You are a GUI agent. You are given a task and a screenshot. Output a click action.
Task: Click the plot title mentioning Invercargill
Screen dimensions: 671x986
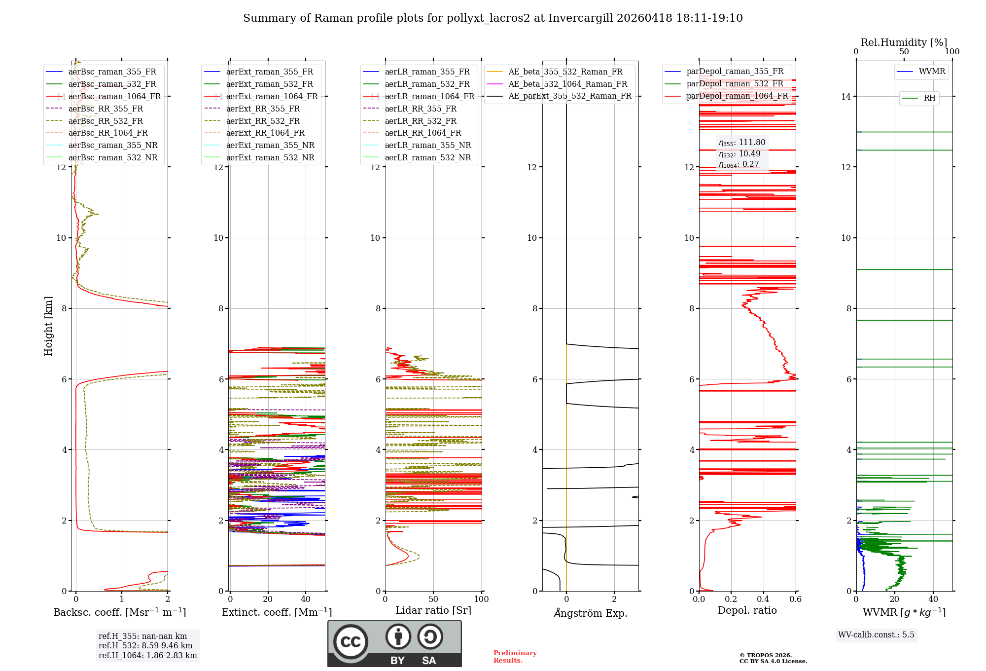493,18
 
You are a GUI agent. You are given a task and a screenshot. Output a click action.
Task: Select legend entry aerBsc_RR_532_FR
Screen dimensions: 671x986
106,121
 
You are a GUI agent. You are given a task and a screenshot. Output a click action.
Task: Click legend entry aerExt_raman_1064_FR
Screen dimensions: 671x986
272,96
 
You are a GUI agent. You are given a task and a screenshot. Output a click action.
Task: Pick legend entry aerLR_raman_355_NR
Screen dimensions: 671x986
428,145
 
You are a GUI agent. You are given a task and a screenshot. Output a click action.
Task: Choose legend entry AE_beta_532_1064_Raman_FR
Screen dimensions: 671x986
567,84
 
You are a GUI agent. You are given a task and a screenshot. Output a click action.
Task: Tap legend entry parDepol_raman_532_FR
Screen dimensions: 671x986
735,83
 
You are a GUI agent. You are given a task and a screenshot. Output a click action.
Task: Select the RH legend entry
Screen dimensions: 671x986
929,98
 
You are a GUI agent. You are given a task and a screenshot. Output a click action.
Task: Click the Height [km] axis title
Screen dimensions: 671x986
48,326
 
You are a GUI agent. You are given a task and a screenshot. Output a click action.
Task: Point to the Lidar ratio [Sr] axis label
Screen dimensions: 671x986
433,610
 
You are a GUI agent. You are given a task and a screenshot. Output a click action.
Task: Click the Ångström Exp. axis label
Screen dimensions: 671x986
590,613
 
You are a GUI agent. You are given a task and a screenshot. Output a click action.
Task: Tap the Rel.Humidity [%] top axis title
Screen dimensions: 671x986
904,42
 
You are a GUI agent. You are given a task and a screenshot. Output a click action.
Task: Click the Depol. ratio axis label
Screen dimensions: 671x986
747,610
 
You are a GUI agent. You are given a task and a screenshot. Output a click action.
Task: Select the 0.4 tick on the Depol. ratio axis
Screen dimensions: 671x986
763,599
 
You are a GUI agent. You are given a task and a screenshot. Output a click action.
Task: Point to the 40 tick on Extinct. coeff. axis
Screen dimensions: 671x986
306,599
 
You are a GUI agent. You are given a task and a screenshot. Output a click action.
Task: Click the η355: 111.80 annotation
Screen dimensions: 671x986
742,143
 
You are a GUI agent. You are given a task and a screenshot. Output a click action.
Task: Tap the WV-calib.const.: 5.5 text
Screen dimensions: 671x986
876,634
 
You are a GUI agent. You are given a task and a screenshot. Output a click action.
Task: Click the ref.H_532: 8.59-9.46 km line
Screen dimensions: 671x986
145,645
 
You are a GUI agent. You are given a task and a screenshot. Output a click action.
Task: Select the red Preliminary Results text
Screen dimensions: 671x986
515,656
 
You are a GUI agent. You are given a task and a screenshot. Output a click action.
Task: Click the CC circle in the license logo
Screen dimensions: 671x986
351,642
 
